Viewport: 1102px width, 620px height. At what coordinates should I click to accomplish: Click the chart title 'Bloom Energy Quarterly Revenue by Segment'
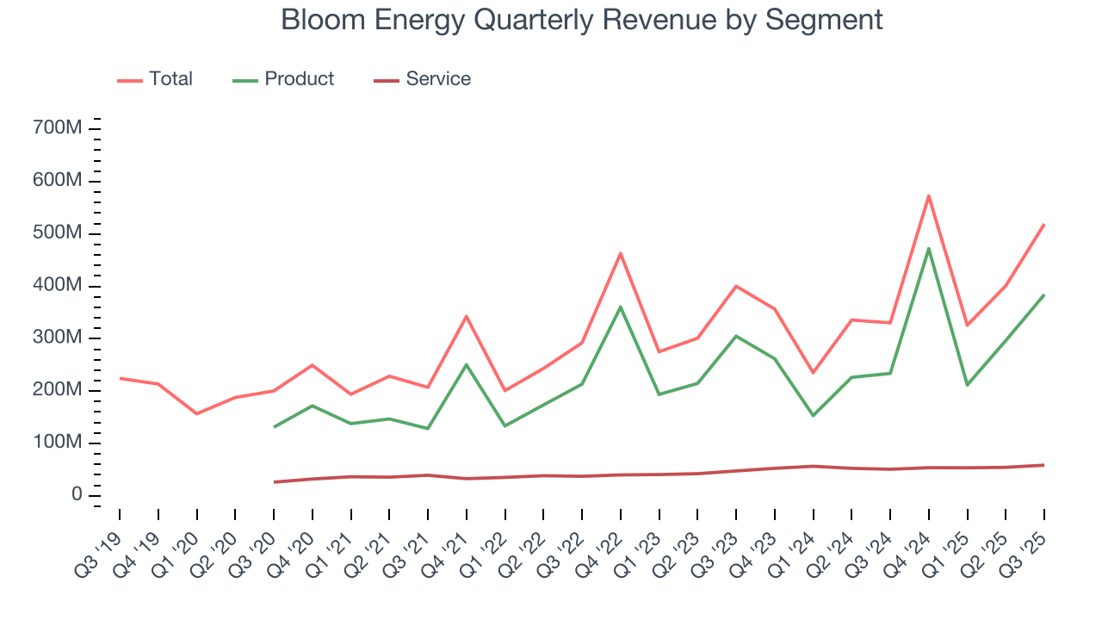(582, 20)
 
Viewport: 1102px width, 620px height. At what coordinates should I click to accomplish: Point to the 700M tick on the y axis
(58, 128)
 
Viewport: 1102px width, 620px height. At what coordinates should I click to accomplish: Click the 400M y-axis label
(58, 286)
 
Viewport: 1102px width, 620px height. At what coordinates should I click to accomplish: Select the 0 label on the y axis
(77, 495)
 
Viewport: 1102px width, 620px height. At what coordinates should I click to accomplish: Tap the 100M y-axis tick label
(58, 443)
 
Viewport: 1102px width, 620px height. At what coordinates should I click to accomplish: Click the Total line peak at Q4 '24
(929, 195)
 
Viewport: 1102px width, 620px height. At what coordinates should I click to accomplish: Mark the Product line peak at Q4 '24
(929, 248)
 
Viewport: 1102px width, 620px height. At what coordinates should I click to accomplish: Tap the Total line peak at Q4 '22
(621, 253)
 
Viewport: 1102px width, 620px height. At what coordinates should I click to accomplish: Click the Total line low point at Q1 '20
(197, 413)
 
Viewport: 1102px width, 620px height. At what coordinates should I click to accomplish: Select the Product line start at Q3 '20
(274, 427)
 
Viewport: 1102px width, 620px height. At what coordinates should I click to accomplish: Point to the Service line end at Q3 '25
(1044, 465)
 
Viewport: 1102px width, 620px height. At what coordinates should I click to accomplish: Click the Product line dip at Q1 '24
(814, 416)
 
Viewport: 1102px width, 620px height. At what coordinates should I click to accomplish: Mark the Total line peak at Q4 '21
(467, 316)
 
